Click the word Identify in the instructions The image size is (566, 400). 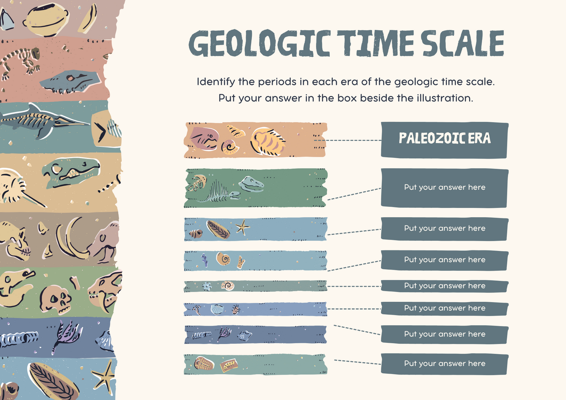tap(216, 82)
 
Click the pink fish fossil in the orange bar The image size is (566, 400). tap(204, 139)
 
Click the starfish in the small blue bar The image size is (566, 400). tap(242, 227)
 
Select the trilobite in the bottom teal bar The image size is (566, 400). tap(204, 364)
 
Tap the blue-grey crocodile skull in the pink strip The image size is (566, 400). tap(71, 81)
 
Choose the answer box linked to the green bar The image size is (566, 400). tap(445, 188)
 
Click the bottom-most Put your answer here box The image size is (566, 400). tap(445, 364)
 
